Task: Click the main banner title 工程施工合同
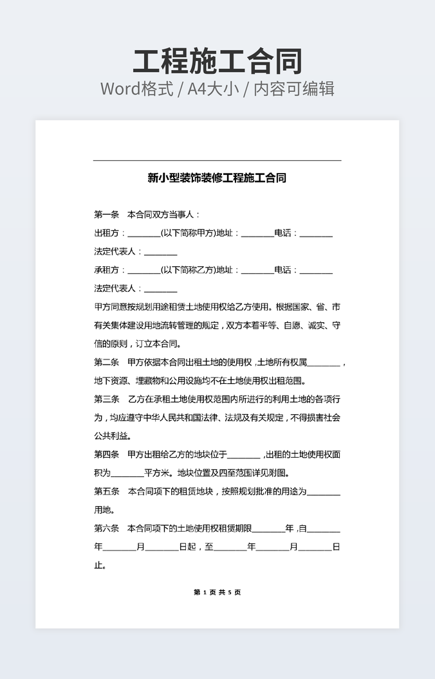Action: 217,62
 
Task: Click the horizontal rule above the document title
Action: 217,160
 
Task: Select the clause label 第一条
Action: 106,215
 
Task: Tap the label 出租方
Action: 106,233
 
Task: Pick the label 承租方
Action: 106,270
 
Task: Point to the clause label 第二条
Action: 106,363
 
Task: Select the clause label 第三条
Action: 106,399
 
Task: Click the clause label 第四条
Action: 106,455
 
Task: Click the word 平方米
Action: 156,473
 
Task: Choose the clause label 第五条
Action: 106,492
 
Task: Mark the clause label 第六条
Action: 106,529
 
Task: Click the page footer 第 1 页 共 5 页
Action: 217,592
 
